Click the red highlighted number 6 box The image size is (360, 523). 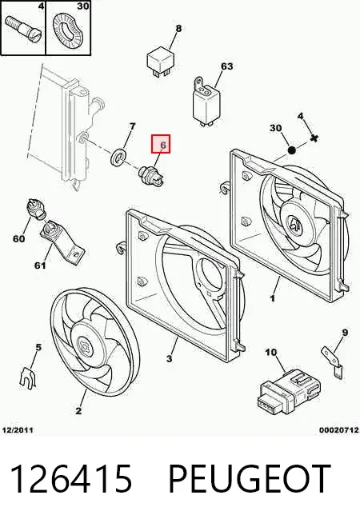click(x=161, y=144)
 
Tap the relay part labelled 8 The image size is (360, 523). click(x=161, y=61)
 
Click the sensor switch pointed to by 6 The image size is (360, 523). click(x=152, y=175)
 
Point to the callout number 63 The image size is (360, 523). click(x=226, y=66)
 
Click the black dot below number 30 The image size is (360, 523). click(x=291, y=150)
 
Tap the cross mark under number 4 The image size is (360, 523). click(x=314, y=138)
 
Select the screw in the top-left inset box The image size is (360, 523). click(x=22, y=27)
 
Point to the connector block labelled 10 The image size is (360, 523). click(x=290, y=391)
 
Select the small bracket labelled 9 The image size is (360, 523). click(x=332, y=361)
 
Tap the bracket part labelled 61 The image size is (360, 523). click(x=62, y=239)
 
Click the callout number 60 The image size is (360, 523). click(x=18, y=238)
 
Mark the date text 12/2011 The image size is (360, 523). click(x=18, y=430)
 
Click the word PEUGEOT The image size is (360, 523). click(x=250, y=479)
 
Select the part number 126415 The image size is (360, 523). click(x=71, y=479)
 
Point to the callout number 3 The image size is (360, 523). click(x=169, y=358)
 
